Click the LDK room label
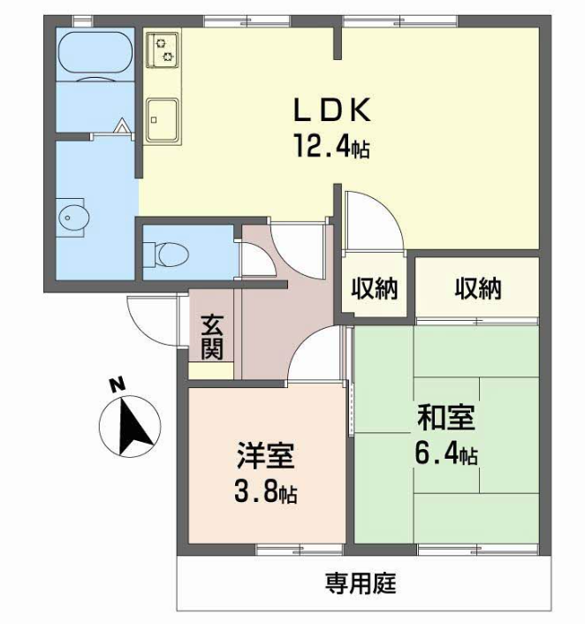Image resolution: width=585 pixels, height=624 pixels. pos(332,110)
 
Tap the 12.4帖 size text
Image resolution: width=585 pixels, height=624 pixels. pos(332,146)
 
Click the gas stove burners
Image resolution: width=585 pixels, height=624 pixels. pos(162,50)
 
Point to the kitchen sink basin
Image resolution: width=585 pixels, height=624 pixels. pos(162,120)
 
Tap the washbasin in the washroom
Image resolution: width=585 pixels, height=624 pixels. pos(73,217)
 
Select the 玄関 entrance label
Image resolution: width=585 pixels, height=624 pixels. pos(212,337)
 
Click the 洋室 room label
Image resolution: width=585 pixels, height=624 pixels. pos(265,455)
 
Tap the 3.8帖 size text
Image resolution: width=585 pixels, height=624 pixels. pos(265,493)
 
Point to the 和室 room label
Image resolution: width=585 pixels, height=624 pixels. pos(445,417)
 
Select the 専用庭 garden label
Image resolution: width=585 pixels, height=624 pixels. pos(361,583)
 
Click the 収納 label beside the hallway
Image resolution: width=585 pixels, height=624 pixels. pos(375,288)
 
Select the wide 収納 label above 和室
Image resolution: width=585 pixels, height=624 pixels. pos(478,288)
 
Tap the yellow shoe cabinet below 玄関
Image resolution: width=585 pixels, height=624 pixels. pos(211,370)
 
